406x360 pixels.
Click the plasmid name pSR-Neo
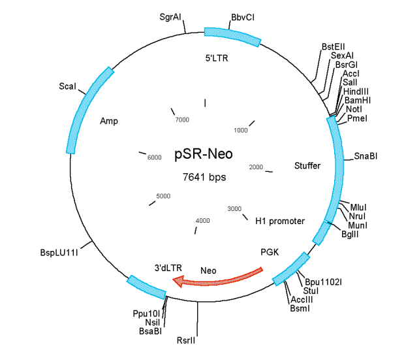(x=203, y=155)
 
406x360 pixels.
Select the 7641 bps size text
(x=203, y=178)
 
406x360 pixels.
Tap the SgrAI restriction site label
(x=170, y=16)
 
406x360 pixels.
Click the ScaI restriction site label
(x=67, y=86)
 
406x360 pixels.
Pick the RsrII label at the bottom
(x=186, y=340)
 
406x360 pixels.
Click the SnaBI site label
(x=366, y=156)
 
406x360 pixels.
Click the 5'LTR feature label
(x=217, y=57)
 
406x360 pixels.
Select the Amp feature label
(x=108, y=121)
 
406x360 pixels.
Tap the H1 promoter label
(x=280, y=221)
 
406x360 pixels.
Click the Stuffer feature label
(x=307, y=166)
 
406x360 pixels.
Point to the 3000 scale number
(x=234, y=208)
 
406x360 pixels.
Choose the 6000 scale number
(x=155, y=158)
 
